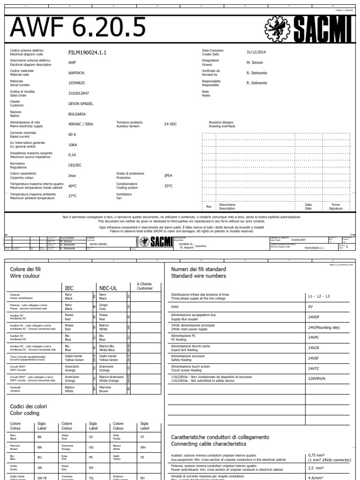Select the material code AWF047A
click(x=76, y=73)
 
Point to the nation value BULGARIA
click(x=77, y=114)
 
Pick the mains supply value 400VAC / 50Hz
click(x=81, y=124)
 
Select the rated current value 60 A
click(x=73, y=135)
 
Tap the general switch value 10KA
click(x=73, y=145)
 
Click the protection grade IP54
click(x=168, y=175)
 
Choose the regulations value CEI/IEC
click(x=75, y=165)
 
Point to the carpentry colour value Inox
click(x=73, y=176)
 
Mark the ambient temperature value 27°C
click(x=73, y=196)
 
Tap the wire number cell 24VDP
click(x=314, y=317)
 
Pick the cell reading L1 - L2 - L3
click(x=319, y=296)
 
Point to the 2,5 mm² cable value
click(x=316, y=468)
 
